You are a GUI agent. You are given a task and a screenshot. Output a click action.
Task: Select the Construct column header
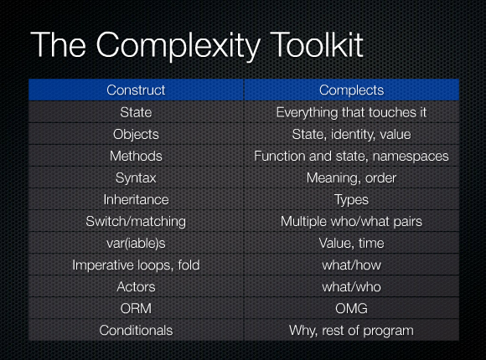click(136, 90)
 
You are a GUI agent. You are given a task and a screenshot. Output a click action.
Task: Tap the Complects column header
click(351, 90)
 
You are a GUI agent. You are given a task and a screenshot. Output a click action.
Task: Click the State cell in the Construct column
click(136, 111)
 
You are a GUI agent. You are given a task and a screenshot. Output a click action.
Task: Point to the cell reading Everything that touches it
click(351, 111)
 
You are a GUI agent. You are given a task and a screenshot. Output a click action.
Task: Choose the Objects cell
click(136, 134)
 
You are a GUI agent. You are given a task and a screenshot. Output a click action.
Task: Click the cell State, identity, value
click(351, 134)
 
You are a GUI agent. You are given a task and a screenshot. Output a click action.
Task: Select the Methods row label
click(136, 156)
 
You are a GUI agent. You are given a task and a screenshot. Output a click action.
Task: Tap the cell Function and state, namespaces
click(351, 156)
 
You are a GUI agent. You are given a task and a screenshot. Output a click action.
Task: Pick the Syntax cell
click(136, 177)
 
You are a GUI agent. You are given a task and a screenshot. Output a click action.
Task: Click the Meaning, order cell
click(351, 177)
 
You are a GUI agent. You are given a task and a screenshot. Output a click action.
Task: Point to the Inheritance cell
click(136, 199)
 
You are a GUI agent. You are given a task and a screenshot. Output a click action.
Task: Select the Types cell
click(351, 199)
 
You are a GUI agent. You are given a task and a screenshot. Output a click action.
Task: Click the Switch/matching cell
click(136, 221)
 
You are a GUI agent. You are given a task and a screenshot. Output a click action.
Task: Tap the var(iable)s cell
click(136, 243)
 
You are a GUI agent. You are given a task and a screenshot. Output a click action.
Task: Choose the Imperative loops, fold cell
click(136, 265)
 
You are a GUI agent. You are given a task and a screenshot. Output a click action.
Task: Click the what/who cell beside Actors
click(351, 286)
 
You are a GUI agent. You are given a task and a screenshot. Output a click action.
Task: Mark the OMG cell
click(351, 308)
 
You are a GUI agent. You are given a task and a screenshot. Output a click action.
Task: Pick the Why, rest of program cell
click(351, 330)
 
